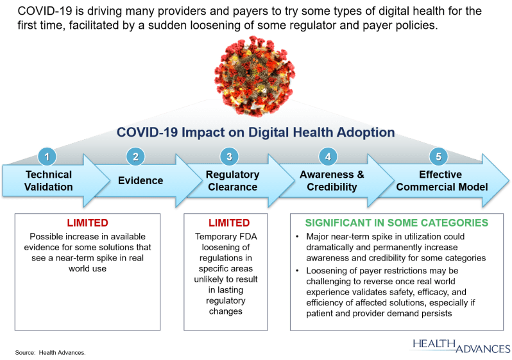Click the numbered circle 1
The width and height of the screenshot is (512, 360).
point(47,157)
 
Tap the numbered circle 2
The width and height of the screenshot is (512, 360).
point(135,157)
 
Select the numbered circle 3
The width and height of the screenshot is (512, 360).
point(229,157)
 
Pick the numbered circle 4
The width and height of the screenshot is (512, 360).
point(328,157)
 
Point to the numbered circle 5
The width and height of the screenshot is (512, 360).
point(438,157)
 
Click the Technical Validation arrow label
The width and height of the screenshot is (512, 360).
point(49,181)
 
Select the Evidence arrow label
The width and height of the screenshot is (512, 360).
point(141,181)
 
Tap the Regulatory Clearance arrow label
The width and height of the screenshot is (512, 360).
point(232,181)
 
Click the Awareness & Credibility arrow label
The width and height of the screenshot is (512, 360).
point(332,181)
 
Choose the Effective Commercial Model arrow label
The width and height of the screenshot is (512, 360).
point(442,181)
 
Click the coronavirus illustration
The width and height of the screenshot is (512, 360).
point(255,76)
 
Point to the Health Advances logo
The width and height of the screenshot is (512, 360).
point(461,347)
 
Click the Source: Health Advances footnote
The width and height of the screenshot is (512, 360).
point(50,353)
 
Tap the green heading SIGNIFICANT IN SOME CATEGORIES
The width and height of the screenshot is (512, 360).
point(397,223)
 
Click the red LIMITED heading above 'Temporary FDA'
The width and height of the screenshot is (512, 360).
point(229,223)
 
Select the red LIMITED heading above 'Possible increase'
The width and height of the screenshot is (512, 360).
point(87,223)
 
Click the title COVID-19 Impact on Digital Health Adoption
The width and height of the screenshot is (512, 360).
point(255,132)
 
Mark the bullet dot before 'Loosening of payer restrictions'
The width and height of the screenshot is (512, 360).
point(297,271)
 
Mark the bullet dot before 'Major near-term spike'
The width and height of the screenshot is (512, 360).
point(297,237)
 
